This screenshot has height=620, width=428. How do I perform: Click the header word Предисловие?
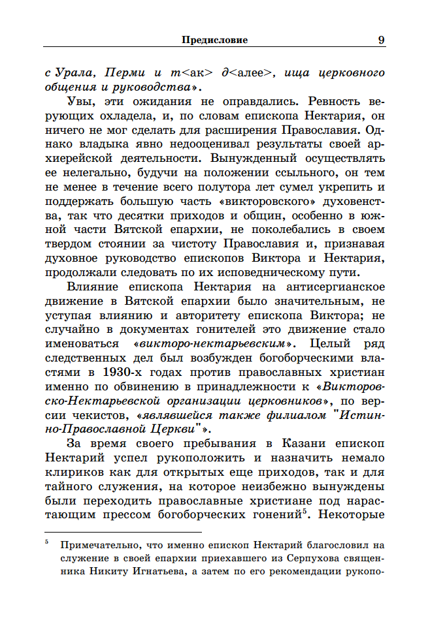[214, 40]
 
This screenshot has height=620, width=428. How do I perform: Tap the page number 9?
[381, 40]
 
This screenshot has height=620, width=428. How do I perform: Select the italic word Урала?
[76, 72]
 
